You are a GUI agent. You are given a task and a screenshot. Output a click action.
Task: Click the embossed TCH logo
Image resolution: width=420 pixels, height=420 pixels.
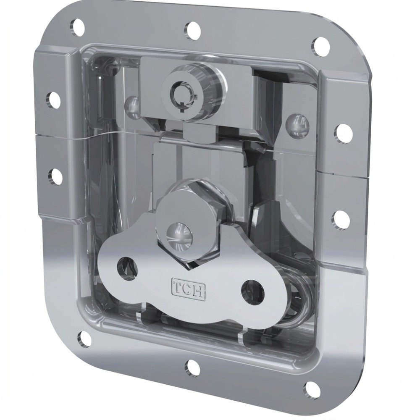point(189,289)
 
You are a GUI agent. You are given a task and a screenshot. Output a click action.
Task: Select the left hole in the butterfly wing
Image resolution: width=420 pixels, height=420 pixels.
point(127,268)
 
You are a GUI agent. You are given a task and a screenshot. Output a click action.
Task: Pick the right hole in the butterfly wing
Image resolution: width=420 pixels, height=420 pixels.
point(252,292)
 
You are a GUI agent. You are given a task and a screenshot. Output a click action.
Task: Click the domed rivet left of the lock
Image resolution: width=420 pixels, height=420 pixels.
point(133,106)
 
